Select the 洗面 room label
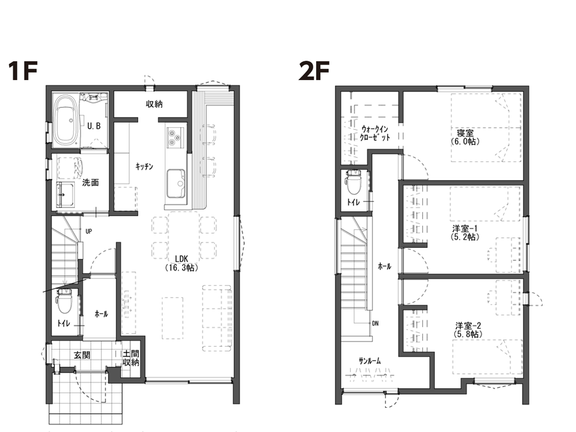pos(90,182)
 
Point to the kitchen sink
pos(176,184)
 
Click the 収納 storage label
pos(154,104)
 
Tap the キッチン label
pos(145,166)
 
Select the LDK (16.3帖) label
pos(181,263)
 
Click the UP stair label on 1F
pos(89,232)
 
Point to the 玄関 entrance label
pos(82,355)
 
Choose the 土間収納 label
pos(131,358)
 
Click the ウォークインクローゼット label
pos(375,134)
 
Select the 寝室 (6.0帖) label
pos(465,137)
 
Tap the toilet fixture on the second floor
pos(354,182)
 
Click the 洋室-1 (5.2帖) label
pos(465,233)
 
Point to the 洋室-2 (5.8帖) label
pos(468,330)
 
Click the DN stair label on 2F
pos(375,324)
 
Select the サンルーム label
pos(370,361)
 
